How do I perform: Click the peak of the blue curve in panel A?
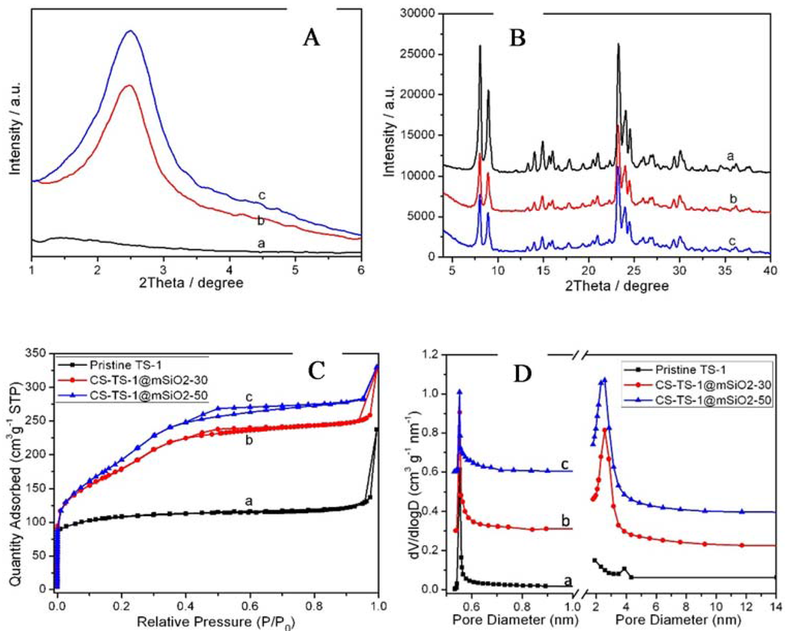coord(131,31)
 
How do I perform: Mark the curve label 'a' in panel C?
coord(248,501)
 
